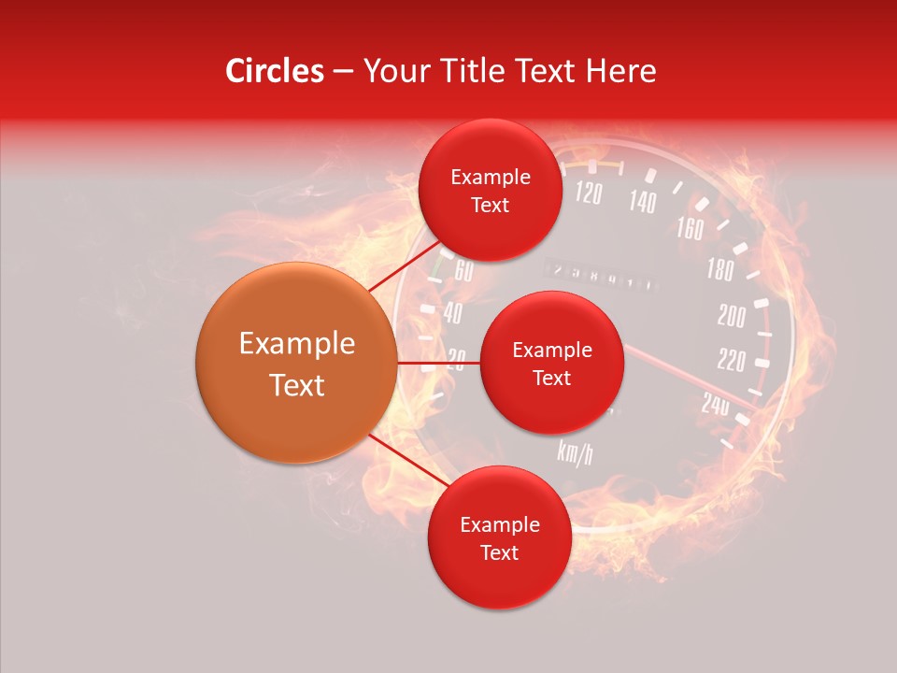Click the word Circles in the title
pos(275,71)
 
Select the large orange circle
pos(295,364)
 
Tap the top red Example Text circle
pos(490,191)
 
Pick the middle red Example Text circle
pos(551,363)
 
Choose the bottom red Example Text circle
pos(499,538)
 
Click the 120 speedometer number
pos(588,193)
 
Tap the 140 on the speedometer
pos(642,201)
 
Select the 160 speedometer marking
pos(690,228)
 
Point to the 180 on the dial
pos(720,271)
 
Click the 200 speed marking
pos(732,317)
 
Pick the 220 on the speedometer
pos(731,361)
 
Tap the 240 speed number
pos(716,404)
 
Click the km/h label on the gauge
pos(575,452)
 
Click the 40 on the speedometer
pos(452,314)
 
